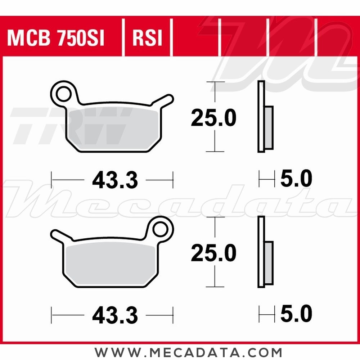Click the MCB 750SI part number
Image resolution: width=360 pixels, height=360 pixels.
(x=55, y=39)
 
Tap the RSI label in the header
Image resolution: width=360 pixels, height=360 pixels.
(x=148, y=39)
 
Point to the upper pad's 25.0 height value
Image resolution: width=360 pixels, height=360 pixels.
(x=213, y=118)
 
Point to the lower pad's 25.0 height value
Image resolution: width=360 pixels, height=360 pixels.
(x=213, y=253)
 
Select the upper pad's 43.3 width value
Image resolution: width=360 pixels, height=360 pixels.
(x=115, y=180)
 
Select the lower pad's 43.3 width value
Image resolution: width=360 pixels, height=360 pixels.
(x=115, y=316)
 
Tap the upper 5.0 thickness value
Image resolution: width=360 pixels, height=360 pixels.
(x=296, y=179)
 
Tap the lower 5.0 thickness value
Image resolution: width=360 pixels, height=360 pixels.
(x=296, y=314)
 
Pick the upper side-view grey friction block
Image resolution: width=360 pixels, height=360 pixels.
(x=269, y=127)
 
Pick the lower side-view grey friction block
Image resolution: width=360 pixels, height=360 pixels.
(x=269, y=262)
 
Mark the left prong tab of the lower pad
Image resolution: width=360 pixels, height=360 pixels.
(x=59, y=236)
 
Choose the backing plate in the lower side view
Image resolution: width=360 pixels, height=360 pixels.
(x=261, y=252)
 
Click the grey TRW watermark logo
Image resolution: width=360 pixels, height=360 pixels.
(x=72, y=126)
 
